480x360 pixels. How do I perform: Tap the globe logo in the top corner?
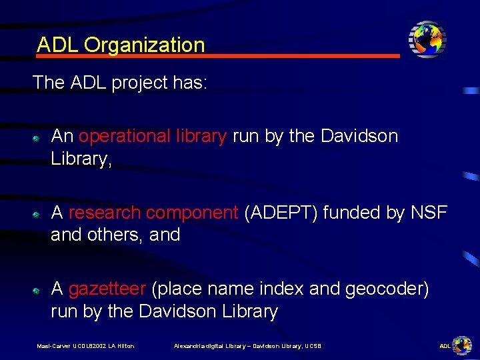[x=427, y=39]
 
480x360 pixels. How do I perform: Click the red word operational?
[x=118, y=136]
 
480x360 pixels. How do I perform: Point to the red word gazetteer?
[x=107, y=289]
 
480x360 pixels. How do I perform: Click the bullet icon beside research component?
[x=39, y=215]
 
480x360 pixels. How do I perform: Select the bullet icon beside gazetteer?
[x=39, y=291]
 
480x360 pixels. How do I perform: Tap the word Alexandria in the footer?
[x=189, y=346]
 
